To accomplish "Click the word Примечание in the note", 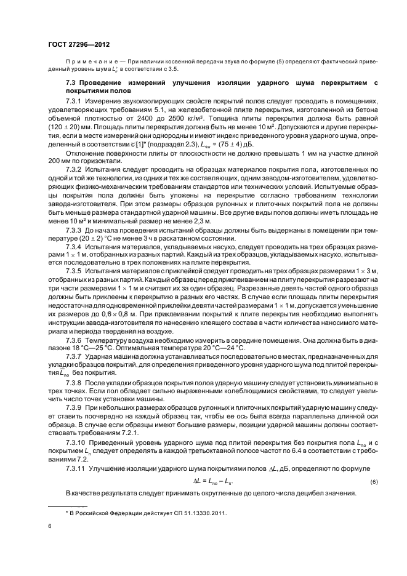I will (x=90, y=62).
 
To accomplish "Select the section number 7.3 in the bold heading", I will (x=72, y=82).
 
